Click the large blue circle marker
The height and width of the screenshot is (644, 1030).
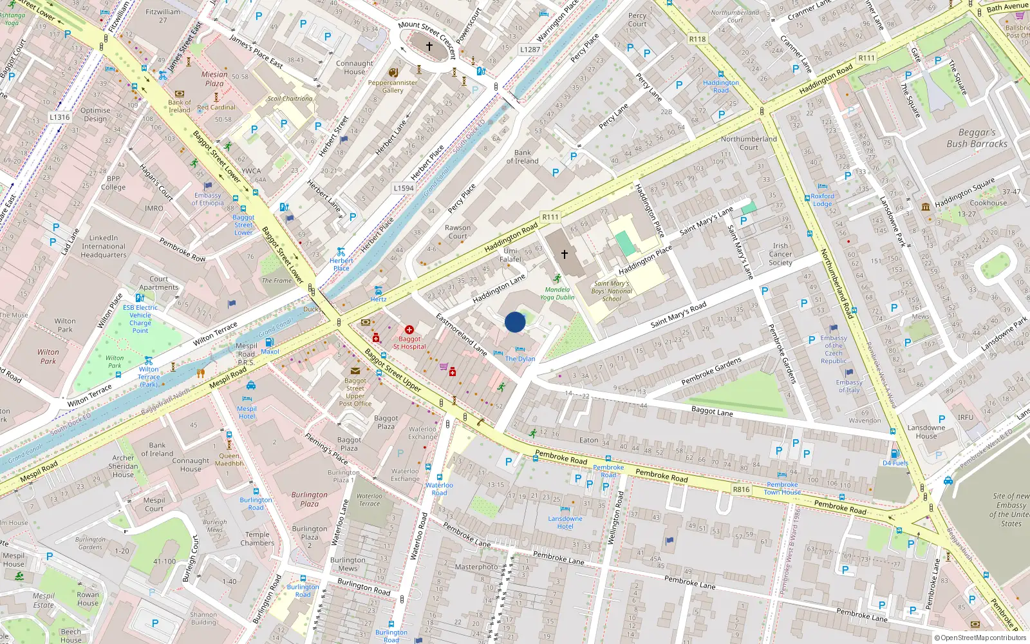coord(515,322)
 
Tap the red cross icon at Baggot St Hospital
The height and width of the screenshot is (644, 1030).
coord(409,330)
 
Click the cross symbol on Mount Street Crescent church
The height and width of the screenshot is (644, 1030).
coord(429,46)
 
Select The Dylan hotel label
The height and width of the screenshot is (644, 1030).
coord(520,359)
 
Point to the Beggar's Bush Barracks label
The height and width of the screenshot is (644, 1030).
coord(977,138)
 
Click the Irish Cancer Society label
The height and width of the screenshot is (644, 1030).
coord(780,254)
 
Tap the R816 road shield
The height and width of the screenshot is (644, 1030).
coord(741,489)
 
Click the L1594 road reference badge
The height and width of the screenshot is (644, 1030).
coord(404,188)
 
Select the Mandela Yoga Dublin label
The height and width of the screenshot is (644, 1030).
coord(557,294)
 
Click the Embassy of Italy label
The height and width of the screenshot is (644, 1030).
coord(849,386)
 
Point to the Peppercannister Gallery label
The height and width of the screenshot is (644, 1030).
coord(393,86)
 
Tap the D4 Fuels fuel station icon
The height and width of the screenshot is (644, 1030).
coord(894,453)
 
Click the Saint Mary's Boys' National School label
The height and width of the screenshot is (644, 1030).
coord(612,291)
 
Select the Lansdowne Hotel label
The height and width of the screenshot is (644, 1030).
coord(565,522)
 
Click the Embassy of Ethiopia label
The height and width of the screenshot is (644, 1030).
coord(207,199)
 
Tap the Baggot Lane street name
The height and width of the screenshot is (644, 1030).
coord(712,410)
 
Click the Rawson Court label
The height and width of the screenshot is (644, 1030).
coord(458,232)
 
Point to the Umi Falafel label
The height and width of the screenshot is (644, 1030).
coord(510,255)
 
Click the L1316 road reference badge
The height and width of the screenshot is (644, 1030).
coord(59,117)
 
